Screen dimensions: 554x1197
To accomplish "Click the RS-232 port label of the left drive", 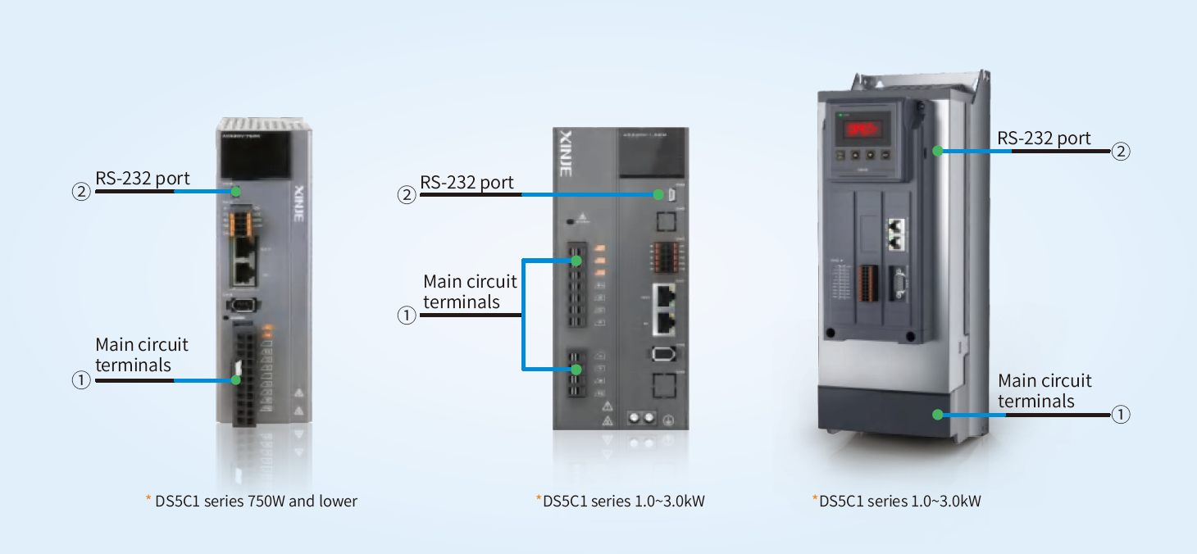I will [x=143, y=179].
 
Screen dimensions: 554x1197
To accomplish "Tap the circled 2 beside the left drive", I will [x=81, y=193].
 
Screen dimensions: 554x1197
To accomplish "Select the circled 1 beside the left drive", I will [x=81, y=381].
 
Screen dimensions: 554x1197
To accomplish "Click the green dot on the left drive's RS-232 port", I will [x=235, y=192].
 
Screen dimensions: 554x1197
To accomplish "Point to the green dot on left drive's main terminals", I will [x=236, y=380].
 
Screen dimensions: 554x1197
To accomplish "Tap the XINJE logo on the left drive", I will [x=298, y=209].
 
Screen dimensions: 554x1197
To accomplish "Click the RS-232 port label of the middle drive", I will [x=467, y=182].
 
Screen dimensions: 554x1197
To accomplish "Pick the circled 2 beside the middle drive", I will [x=406, y=195].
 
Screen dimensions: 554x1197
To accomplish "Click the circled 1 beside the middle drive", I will [x=406, y=315].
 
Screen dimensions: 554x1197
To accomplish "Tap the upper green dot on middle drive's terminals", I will [x=576, y=261].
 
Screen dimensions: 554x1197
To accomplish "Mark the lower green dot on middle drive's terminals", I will [x=576, y=370].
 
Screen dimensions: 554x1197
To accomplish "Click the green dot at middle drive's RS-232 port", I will [x=658, y=195].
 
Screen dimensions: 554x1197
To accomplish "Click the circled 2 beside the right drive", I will [x=1121, y=151].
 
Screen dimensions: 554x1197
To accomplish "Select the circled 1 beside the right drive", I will [x=1121, y=415].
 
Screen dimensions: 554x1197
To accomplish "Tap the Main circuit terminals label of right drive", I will [x=1045, y=391].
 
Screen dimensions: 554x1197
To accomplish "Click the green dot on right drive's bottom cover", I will [x=937, y=415].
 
